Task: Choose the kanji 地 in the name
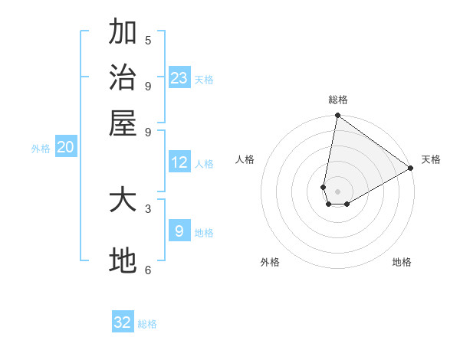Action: tap(123, 261)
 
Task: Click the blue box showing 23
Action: tap(179, 78)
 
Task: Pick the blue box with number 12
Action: tap(179, 162)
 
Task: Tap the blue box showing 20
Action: tap(65, 148)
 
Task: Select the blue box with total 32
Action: tap(123, 322)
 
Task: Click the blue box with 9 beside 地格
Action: tap(179, 231)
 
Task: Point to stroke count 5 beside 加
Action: tap(148, 40)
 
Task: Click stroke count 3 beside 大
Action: tap(148, 208)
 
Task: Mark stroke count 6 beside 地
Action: tap(148, 269)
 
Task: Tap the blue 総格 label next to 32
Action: tap(147, 324)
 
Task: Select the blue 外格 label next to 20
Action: tap(41, 149)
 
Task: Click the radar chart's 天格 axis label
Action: tap(431, 159)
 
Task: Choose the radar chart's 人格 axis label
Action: tap(245, 159)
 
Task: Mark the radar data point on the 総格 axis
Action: tap(337, 116)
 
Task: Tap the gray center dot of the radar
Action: tap(337, 191)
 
